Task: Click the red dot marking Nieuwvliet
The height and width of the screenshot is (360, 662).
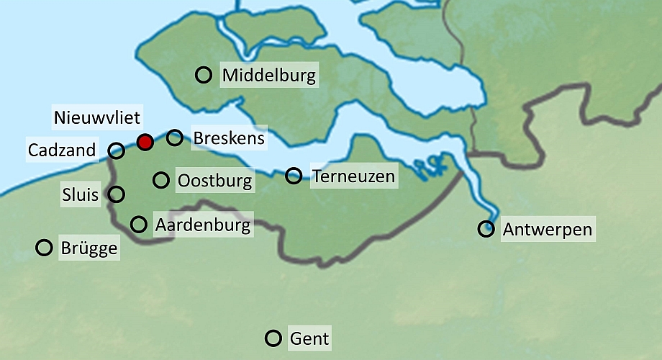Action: point(145,142)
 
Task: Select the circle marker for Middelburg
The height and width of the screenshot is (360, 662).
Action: point(204,74)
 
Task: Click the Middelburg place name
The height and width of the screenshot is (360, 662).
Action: point(269,76)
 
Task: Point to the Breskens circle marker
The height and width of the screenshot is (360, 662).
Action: point(174,137)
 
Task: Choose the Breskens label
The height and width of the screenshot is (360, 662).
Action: point(229,138)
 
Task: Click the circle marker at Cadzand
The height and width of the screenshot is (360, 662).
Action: point(117,150)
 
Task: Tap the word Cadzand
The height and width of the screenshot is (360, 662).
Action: point(62,150)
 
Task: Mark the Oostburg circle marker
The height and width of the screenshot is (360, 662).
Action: point(161,179)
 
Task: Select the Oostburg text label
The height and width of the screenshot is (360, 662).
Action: point(214,180)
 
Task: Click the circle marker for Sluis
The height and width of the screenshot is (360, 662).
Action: point(116,194)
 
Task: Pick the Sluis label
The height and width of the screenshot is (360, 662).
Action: point(80,194)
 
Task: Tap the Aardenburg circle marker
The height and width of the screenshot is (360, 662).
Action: point(139,224)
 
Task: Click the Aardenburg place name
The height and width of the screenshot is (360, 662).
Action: point(203,225)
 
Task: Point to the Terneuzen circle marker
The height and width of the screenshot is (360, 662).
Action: point(294,175)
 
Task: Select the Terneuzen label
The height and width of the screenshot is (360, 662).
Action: point(353,176)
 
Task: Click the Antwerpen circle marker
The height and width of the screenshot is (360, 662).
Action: point(486,229)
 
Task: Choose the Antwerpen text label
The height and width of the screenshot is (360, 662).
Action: point(548,230)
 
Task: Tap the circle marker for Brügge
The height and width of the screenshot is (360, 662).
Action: point(45,248)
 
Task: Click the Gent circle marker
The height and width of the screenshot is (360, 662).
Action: point(273,338)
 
